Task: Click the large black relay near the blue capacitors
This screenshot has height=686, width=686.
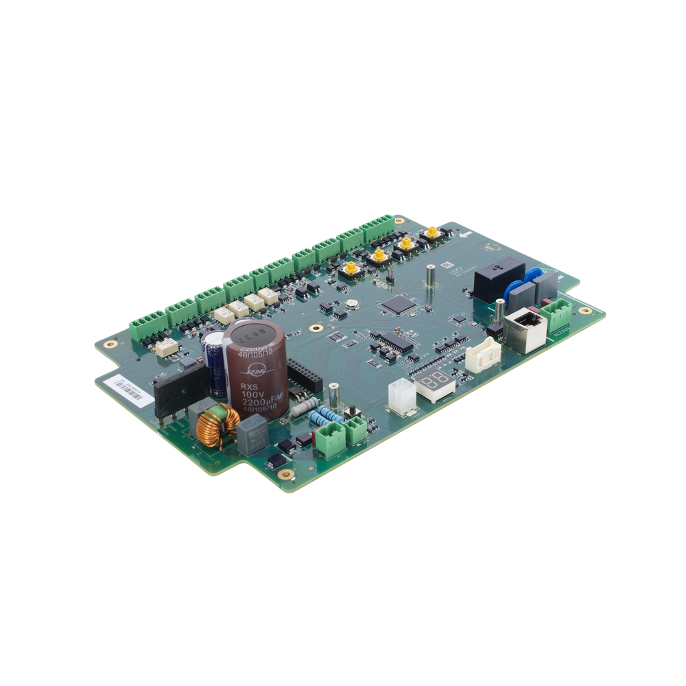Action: click(x=499, y=279)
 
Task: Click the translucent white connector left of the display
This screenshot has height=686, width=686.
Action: click(x=399, y=396)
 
